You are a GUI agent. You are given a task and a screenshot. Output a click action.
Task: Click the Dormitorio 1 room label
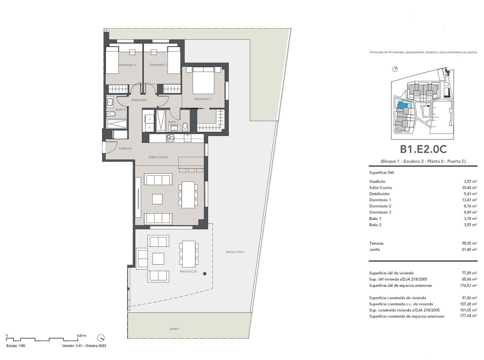click(x=202, y=99)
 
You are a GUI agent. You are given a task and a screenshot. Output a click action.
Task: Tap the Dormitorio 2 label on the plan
click(x=158, y=65)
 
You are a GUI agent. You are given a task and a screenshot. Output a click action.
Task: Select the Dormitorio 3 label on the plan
click(x=127, y=65)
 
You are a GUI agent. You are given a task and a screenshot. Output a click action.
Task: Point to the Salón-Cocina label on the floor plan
click(x=158, y=157)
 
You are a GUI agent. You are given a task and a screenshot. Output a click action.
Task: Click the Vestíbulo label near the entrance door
click(x=125, y=148)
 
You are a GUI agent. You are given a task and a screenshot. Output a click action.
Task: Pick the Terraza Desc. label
click(x=235, y=252)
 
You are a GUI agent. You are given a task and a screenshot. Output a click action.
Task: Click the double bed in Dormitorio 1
click(x=202, y=81)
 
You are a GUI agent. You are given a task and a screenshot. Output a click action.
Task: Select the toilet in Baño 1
click(x=185, y=127)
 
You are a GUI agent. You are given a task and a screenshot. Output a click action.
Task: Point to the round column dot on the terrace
click(x=205, y=274)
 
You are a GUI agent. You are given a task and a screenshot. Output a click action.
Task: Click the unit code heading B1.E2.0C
click(x=423, y=149)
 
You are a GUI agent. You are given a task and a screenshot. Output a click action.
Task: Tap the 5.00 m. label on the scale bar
click(x=81, y=335)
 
